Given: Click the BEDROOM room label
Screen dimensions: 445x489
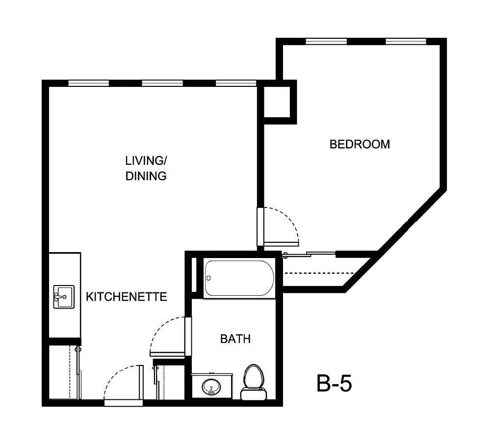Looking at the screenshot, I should [360, 144].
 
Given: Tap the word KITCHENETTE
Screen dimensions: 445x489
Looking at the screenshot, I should [127, 297].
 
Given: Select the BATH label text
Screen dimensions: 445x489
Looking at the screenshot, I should [235, 339].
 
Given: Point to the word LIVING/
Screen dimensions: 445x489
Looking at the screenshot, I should [146, 160].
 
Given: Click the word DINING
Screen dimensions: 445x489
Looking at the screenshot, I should [146, 176].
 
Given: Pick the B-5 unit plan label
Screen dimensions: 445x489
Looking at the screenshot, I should [334, 384].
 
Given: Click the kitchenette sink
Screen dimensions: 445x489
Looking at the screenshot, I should [63, 297].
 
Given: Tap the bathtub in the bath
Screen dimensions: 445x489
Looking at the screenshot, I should [239, 278].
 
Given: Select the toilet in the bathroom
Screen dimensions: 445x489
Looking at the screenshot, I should [254, 381].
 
